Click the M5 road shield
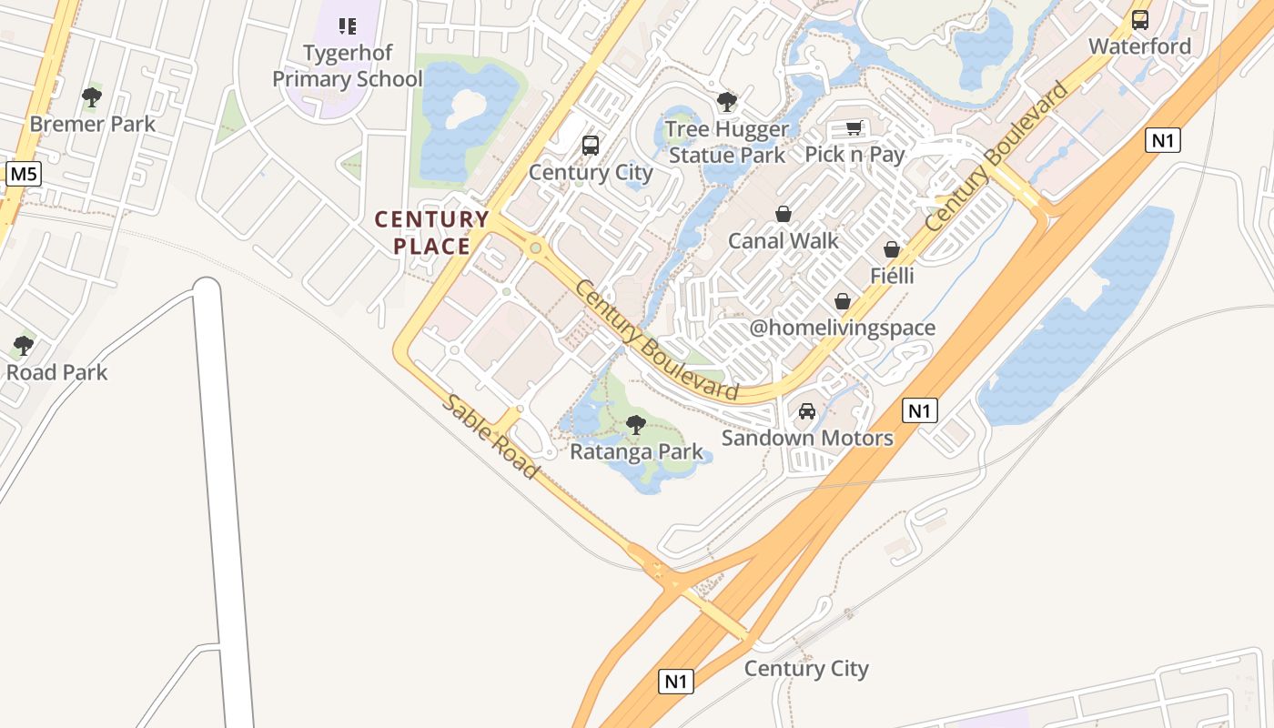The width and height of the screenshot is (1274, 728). pyautogui.click(x=23, y=173)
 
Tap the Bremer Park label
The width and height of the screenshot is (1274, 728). pyautogui.click(x=93, y=124)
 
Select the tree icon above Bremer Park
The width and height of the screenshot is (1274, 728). pyautogui.click(x=91, y=96)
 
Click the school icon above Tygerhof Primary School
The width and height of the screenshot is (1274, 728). pyautogui.click(x=347, y=25)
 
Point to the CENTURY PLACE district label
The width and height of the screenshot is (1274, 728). pyautogui.click(x=432, y=232)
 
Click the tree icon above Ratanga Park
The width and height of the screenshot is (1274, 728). pyautogui.click(x=636, y=424)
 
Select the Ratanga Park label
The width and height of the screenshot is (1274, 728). pyautogui.click(x=637, y=451)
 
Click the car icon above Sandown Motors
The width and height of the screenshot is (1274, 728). pyautogui.click(x=807, y=411)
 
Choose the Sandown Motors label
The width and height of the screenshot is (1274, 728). pyautogui.click(x=807, y=439)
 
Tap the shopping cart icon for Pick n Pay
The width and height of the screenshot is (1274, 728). pyautogui.click(x=854, y=127)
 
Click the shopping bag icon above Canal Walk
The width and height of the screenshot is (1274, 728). pyautogui.click(x=783, y=214)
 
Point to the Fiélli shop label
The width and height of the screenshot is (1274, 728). pyautogui.click(x=892, y=276)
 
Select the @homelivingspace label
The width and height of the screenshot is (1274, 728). pyautogui.click(x=842, y=328)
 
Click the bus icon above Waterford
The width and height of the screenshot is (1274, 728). pyautogui.click(x=1139, y=19)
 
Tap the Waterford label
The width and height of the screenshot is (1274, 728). pyautogui.click(x=1139, y=46)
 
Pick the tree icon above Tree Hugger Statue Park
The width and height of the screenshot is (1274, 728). pyautogui.click(x=726, y=101)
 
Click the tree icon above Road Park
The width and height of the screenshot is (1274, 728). pyautogui.click(x=24, y=346)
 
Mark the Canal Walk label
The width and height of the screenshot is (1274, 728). pyautogui.click(x=783, y=241)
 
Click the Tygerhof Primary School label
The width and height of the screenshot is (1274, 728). pyautogui.click(x=348, y=66)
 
